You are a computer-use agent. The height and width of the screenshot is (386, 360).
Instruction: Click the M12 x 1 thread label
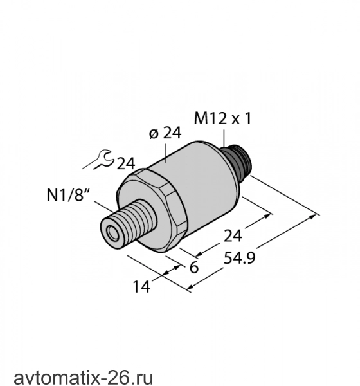tap(222, 118)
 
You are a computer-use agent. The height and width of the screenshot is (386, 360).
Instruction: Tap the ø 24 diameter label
tap(165, 133)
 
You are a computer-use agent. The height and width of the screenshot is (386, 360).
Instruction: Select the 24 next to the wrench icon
tap(126, 163)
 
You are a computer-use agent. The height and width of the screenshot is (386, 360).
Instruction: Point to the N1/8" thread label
tap(68, 196)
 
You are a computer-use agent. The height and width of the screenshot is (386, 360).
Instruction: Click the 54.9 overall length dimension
tap(239, 258)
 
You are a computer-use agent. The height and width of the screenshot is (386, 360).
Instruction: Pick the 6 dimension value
tap(194, 268)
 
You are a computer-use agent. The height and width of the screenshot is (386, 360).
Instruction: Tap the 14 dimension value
tap(141, 287)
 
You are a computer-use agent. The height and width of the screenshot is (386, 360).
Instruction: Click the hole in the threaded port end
tap(113, 233)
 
